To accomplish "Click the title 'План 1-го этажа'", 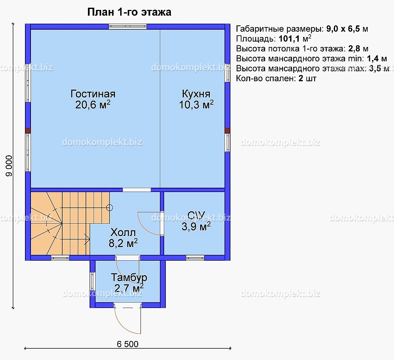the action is point(129,12).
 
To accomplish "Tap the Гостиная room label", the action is point(93,94).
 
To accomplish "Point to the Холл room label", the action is point(123,232).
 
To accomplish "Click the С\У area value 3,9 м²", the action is point(196,226).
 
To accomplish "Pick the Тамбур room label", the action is point(129,277).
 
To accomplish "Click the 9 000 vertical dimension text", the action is point(9,166).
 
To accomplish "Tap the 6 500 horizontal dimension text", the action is point(128,344).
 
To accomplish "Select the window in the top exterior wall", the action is point(128,27).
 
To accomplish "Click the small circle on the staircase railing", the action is point(110,208).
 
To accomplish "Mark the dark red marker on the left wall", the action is point(28,131).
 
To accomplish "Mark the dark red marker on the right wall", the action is point(227,131).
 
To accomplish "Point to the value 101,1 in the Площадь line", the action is point(289,39).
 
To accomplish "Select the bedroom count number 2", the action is point(301,78).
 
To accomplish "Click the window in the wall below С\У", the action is point(195,258).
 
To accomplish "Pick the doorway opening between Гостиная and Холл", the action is point(137,190).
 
